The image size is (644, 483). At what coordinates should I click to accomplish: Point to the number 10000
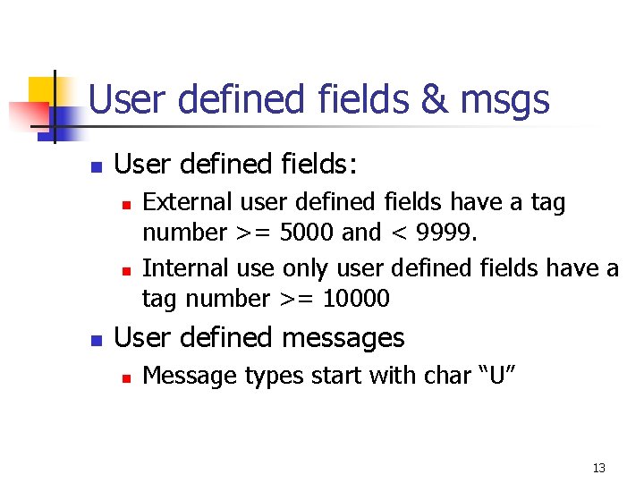(x=356, y=299)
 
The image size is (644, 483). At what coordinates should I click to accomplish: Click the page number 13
(x=598, y=468)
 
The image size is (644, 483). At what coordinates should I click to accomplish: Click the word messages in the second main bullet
(x=343, y=338)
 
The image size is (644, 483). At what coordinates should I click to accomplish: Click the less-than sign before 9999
(x=397, y=234)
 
